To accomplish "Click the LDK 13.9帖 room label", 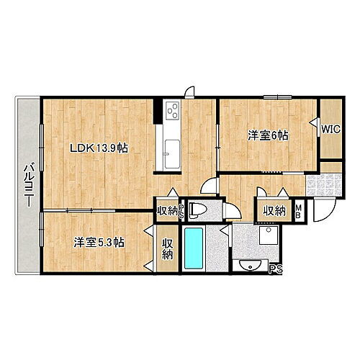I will pos(99,148).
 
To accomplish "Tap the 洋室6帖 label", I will pos(269,135).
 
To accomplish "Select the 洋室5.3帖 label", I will pos(99,243).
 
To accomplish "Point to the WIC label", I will pos(331,130).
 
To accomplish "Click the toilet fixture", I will pos(202,211).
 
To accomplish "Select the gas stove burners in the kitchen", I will pos(174,111).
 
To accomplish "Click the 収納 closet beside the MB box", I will pos(273,211).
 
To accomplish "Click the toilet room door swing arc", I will pos(232,210).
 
